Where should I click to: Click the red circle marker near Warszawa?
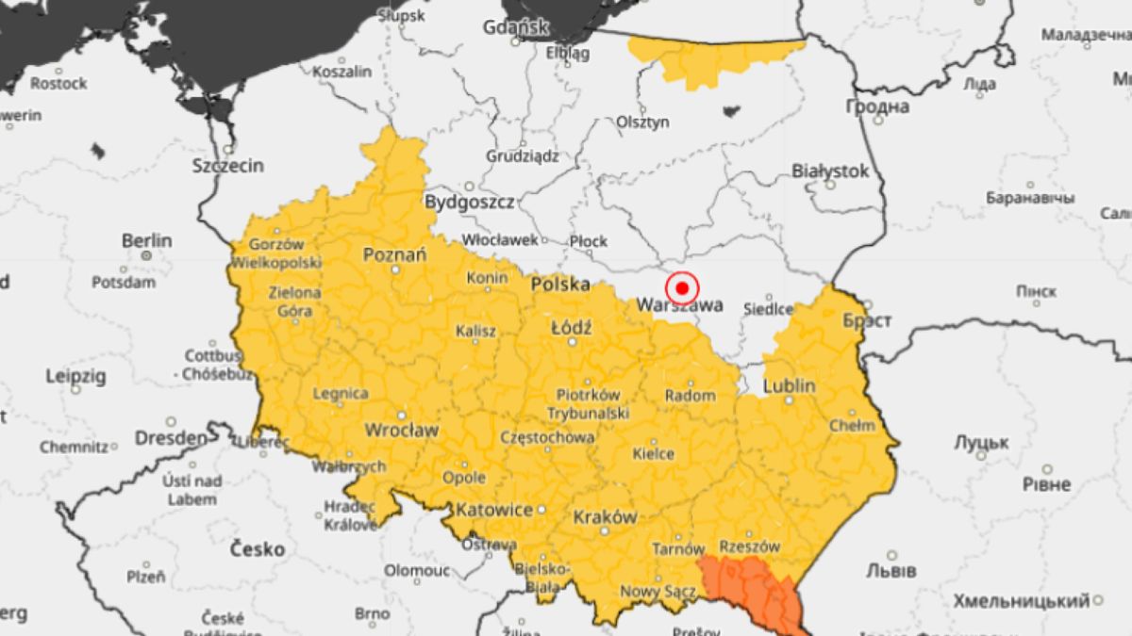pos(681,287)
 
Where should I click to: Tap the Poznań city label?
pos(394,254)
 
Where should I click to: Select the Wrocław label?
pos(401,431)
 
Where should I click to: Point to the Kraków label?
pos(605,517)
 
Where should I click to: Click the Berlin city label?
pos(147,240)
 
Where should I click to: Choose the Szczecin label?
pos(227,166)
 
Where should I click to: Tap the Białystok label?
pos(830,171)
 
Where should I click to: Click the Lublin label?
pos(789,386)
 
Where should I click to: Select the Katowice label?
pos(493,511)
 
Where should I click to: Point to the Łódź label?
pos(571,328)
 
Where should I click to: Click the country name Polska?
pos(560,284)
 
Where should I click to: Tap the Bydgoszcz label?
pos(469,202)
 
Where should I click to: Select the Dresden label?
pos(170,438)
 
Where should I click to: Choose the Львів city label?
pos(891,571)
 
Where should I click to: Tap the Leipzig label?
pos(75,376)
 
